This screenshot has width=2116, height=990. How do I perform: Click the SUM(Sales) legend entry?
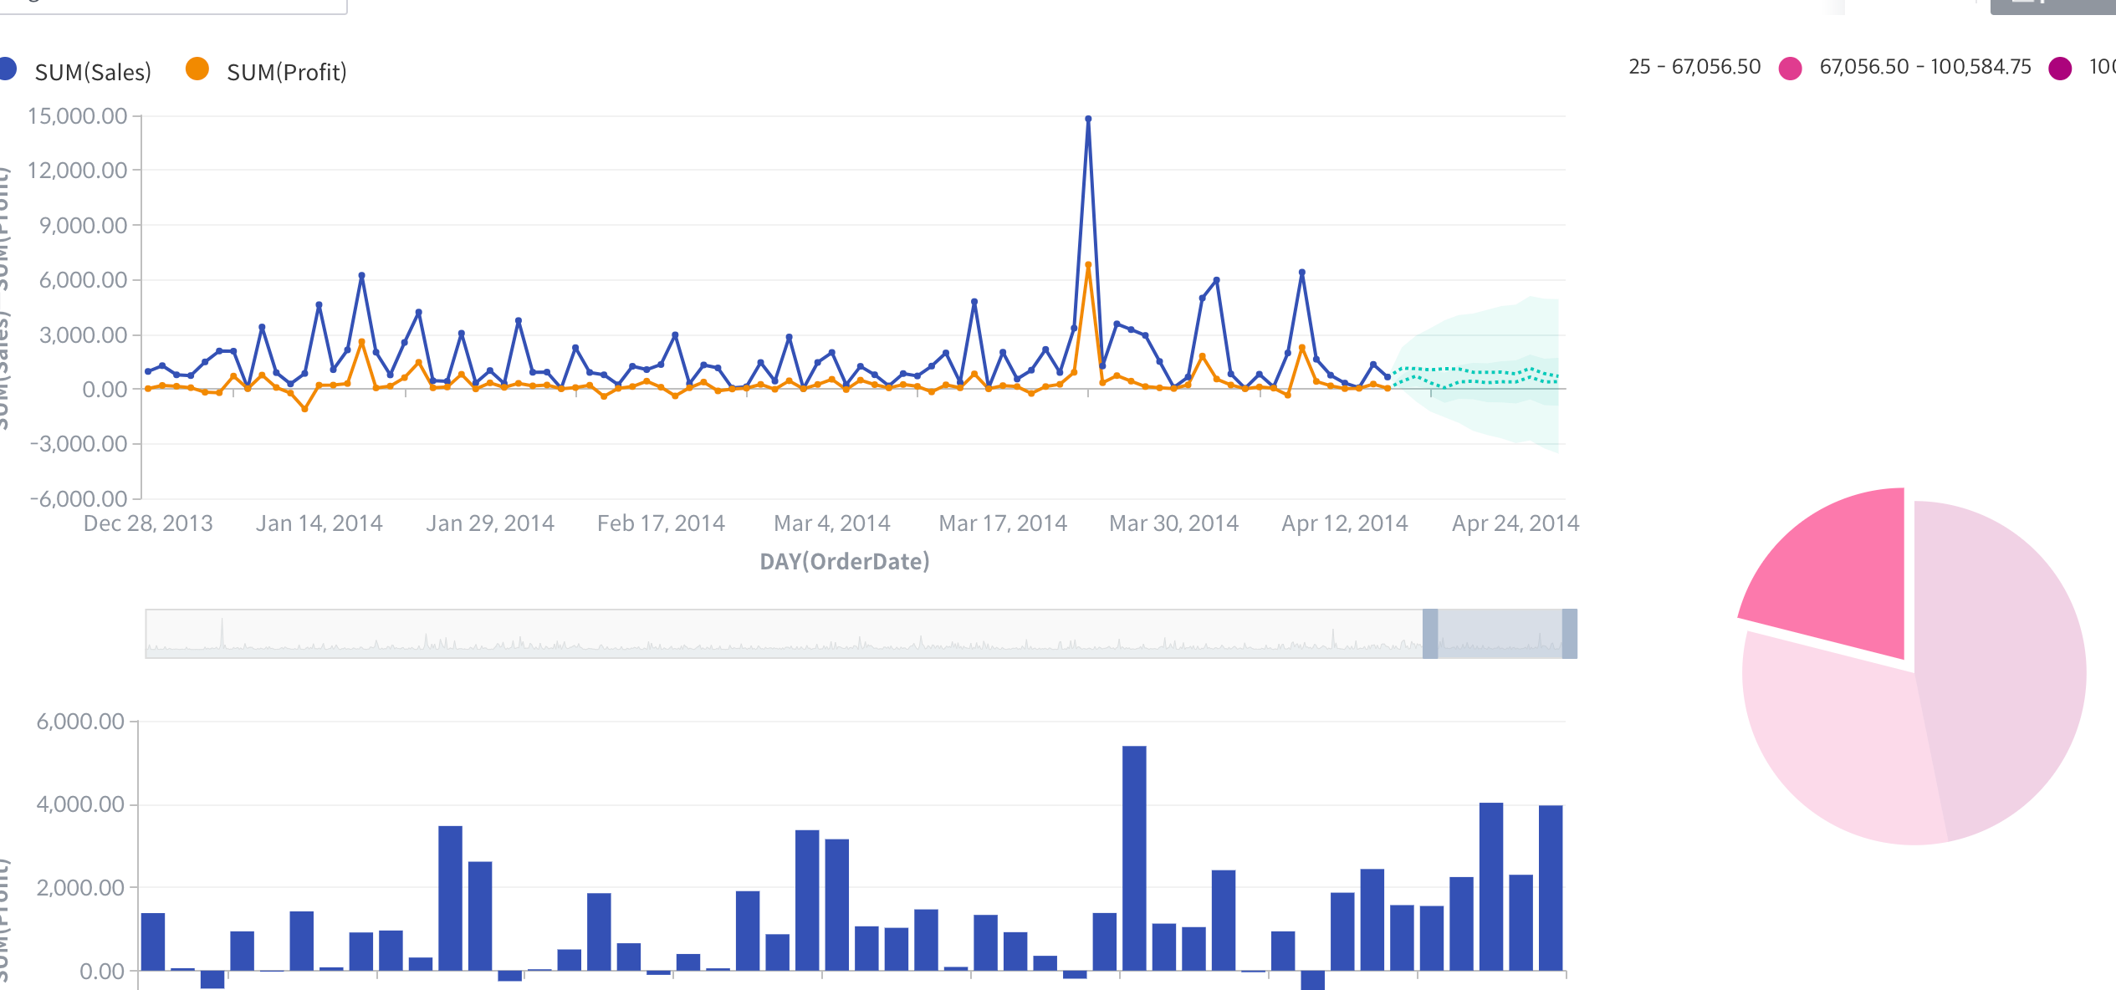tap(92, 72)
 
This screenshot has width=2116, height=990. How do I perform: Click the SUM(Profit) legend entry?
tap(286, 72)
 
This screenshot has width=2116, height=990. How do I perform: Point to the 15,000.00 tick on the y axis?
tap(77, 116)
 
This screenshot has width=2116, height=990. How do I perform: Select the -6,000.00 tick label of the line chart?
tap(79, 499)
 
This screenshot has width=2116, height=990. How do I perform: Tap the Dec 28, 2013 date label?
tap(148, 523)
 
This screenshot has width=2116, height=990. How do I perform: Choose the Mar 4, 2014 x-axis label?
tap(831, 523)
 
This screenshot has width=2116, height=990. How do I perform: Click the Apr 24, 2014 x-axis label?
tap(1515, 523)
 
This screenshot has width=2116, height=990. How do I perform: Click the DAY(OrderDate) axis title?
tap(844, 561)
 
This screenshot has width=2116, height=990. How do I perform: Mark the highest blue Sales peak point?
tap(1088, 120)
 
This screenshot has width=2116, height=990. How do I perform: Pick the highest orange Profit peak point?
tap(1088, 265)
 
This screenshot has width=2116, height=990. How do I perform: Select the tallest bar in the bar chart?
tap(1134, 857)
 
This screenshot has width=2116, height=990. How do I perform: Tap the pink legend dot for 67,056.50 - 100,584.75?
tap(1790, 69)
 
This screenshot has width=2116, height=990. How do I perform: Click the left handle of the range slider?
tap(1430, 634)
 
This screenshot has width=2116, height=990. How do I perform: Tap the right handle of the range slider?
tap(1570, 634)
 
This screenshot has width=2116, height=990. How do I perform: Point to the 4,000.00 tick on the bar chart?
tap(80, 804)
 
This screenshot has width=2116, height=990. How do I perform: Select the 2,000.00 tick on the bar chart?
tap(80, 887)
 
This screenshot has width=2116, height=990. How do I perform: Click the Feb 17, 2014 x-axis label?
tap(661, 523)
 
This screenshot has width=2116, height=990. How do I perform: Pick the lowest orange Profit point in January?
tap(304, 409)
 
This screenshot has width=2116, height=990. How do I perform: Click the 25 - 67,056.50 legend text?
tap(1694, 67)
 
